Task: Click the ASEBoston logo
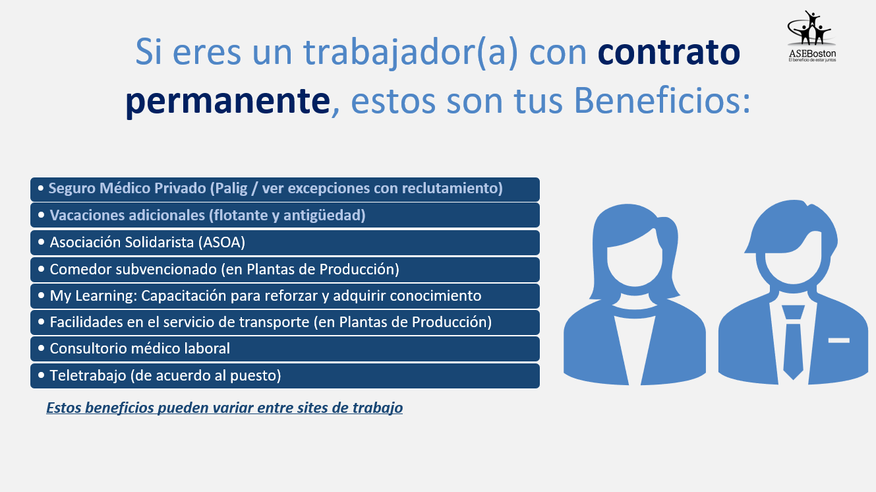tap(812, 36)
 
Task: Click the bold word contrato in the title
tap(669, 52)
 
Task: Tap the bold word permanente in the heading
tap(227, 101)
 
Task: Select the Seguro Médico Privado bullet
tap(285, 189)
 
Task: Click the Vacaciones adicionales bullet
tap(285, 215)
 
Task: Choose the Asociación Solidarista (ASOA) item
tap(285, 243)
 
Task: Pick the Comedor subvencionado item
tap(285, 270)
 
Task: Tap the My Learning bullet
tap(285, 296)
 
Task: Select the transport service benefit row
tap(285, 323)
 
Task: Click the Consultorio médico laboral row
tap(285, 349)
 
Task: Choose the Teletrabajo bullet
tap(285, 376)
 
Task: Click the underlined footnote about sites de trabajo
tap(225, 408)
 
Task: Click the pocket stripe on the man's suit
tap(839, 340)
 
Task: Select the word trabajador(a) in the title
tap(411, 52)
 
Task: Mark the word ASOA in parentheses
tap(221, 243)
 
